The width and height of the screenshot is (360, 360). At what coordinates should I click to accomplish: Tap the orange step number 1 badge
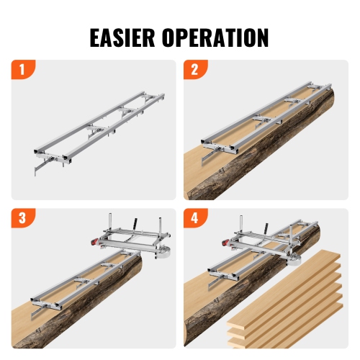[22, 72]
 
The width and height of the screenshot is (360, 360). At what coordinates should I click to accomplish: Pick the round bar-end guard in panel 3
[164, 252]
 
